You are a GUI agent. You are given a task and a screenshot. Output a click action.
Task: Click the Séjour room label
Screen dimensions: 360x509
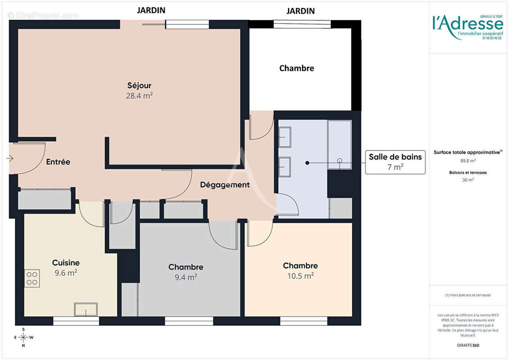tap(139, 85)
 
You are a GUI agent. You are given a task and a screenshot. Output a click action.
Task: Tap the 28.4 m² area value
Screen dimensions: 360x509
tap(139, 95)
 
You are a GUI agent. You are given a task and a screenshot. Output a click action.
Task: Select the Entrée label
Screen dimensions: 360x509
tap(58, 162)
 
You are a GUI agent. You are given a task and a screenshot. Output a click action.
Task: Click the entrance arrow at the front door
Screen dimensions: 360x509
tap(10, 158)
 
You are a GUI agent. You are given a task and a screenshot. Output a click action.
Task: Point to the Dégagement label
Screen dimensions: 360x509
tap(224, 184)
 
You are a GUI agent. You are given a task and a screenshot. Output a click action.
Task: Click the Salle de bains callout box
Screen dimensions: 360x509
tap(395, 162)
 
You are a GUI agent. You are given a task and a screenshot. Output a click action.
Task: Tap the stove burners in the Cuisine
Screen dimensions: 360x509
tap(32, 278)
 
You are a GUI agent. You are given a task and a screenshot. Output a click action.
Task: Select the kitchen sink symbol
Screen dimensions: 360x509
tap(85, 310)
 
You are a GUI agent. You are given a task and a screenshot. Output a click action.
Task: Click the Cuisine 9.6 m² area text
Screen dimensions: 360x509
tap(66, 273)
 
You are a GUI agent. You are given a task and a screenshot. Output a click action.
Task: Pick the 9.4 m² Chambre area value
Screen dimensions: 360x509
tap(186, 277)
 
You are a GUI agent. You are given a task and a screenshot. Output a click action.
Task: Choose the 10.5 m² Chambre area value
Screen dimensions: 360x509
tap(300, 276)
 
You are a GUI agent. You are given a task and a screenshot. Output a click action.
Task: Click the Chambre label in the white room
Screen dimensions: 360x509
tap(296, 68)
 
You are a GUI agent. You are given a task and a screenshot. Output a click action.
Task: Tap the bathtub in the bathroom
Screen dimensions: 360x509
tap(339, 144)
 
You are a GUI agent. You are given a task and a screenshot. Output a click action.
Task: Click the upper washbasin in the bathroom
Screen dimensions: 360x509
tap(285, 137)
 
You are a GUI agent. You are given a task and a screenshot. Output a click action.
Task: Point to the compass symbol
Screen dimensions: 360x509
tap(23, 337)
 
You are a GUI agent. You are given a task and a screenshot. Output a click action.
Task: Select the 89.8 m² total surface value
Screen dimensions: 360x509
tap(468, 160)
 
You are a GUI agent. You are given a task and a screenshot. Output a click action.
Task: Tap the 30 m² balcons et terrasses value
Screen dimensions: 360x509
tap(468, 180)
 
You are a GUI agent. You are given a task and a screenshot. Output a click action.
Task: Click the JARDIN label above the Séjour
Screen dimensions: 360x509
tap(151, 10)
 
